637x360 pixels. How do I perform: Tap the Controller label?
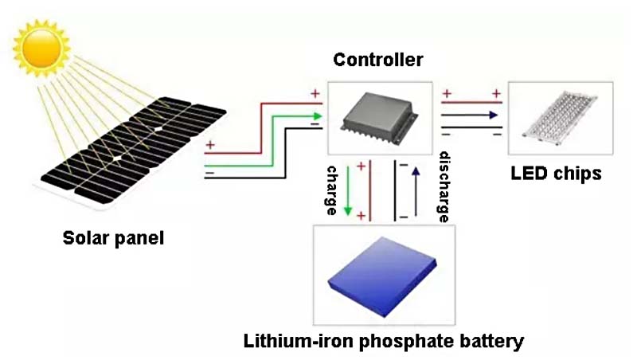378,60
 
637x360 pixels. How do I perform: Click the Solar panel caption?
113,237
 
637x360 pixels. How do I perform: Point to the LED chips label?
556,174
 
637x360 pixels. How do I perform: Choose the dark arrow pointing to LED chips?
470,115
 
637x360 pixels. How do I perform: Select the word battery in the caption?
490,342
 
